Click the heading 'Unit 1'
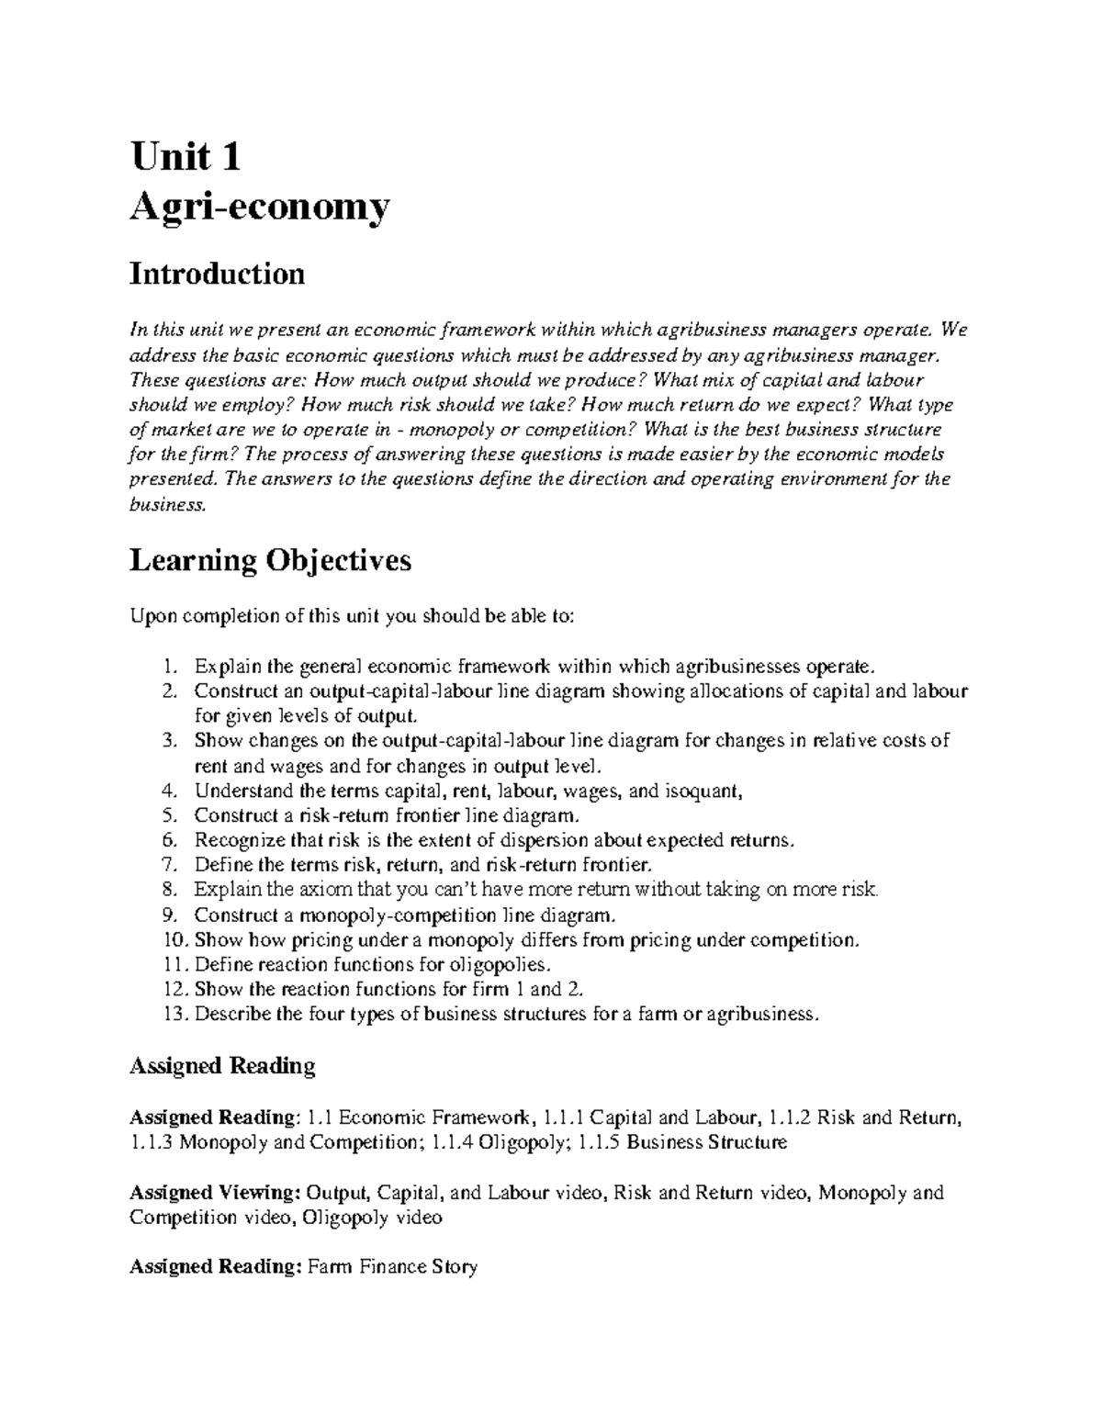click(x=186, y=157)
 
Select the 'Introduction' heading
click(x=217, y=274)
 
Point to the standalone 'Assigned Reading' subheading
click(x=222, y=1066)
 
